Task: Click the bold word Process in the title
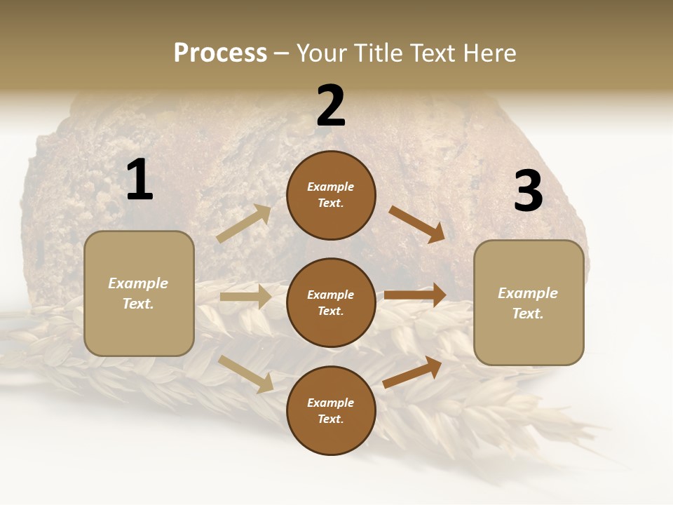click(x=220, y=53)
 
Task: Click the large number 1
click(x=140, y=180)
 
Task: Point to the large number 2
click(x=331, y=106)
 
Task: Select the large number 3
click(x=528, y=191)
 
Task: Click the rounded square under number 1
click(x=139, y=293)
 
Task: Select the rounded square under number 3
click(x=529, y=302)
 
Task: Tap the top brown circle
click(x=331, y=195)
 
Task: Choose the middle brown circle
click(x=331, y=302)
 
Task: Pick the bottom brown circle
click(x=331, y=410)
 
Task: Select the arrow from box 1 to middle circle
click(x=245, y=297)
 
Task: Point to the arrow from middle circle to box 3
click(x=415, y=295)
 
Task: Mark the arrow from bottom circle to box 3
click(x=413, y=372)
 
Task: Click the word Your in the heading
click(x=322, y=53)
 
